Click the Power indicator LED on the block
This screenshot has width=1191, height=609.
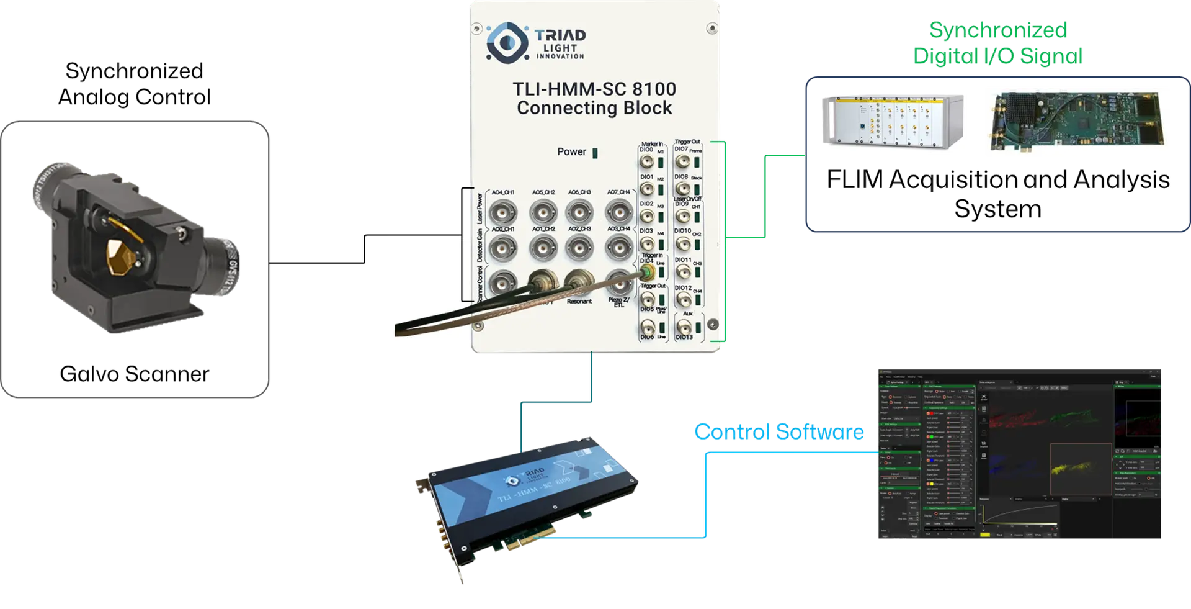(x=595, y=153)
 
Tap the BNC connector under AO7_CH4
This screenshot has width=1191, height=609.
(x=618, y=213)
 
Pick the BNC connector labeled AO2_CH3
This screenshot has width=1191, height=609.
(x=578, y=248)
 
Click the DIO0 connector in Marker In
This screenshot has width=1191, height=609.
(x=646, y=163)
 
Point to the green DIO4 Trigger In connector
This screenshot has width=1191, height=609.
(x=646, y=273)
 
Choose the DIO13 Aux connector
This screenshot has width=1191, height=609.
(x=682, y=327)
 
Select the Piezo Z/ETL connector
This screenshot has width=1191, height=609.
(x=618, y=283)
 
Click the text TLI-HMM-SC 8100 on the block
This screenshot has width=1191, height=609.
(x=594, y=89)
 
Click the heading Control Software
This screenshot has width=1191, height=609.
(x=778, y=431)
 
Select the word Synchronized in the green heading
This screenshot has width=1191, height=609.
(x=997, y=30)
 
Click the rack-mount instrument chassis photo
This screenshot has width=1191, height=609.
(x=892, y=122)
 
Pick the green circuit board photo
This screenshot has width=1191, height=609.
(x=1076, y=122)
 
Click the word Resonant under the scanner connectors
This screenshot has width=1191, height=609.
(x=579, y=302)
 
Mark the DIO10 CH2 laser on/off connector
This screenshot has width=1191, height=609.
(x=682, y=243)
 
